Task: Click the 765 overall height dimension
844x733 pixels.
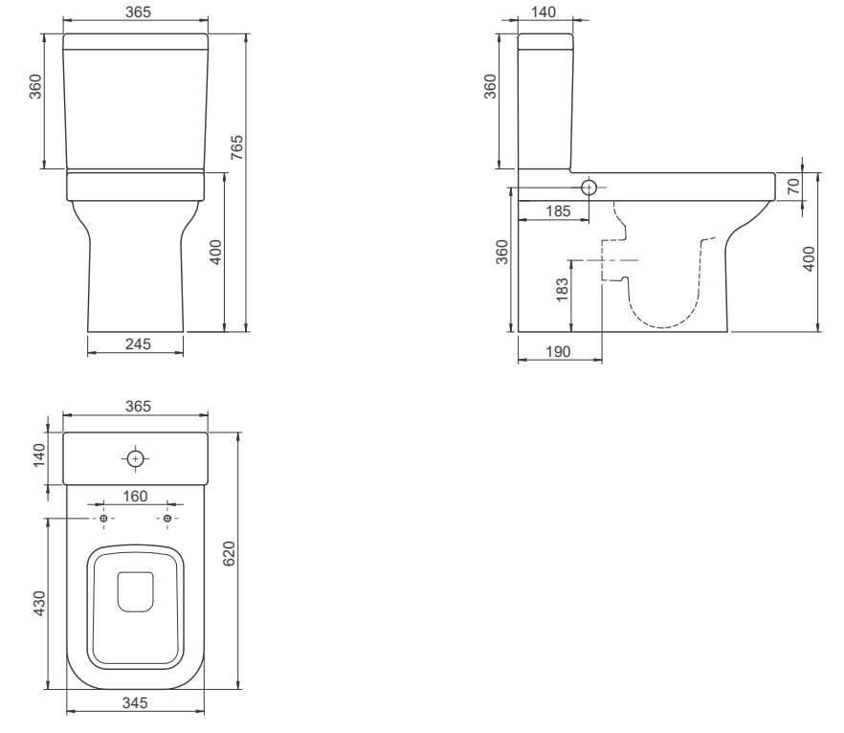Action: (x=237, y=147)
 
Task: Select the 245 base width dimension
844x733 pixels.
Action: (x=138, y=344)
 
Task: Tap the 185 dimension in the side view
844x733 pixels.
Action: (x=558, y=211)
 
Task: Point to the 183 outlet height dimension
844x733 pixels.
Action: (x=562, y=290)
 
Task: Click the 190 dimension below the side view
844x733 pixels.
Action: (x=558, y=351)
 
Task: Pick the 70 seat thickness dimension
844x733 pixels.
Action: (x=793, y=187)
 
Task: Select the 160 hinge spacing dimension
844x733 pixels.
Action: (x=135, y=497)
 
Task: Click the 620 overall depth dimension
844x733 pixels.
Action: (x=229, y=553)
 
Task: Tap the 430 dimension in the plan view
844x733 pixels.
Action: (x=39, y=604)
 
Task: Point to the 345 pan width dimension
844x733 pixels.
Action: (x=135, y=703)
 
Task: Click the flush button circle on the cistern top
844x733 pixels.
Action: (x=135, y=459)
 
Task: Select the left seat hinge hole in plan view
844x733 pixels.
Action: (x=104, y=519)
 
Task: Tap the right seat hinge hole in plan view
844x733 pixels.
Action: (x=167, y=519)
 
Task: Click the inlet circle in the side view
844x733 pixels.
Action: (x=589, y=188)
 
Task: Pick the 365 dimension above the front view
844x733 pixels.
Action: (x=138, y=11)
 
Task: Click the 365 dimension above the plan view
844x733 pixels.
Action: (x=138, y=407)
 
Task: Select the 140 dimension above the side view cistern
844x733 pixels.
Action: (x=544, y=11)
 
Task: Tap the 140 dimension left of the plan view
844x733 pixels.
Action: (x=39, y=455)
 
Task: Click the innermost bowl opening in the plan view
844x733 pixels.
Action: (x=135, y=592)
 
